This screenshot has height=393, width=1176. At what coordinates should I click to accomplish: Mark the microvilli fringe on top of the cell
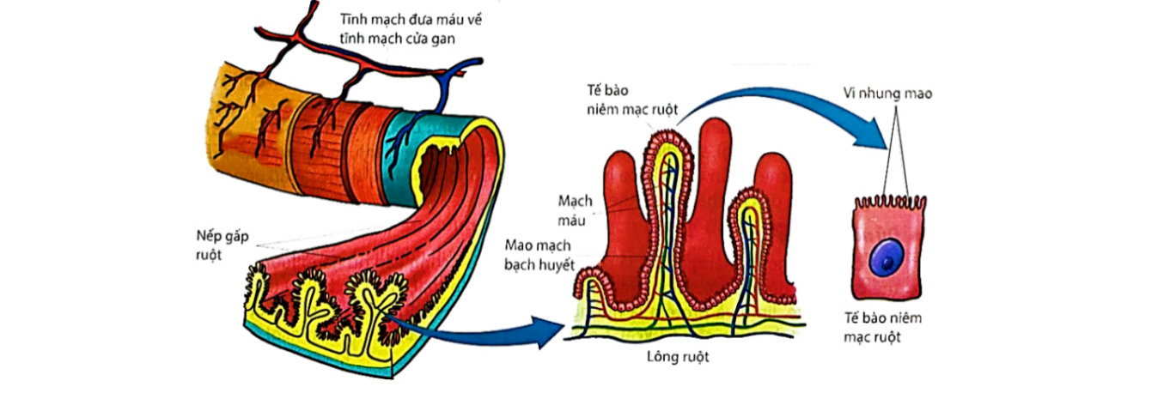[888, 202]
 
